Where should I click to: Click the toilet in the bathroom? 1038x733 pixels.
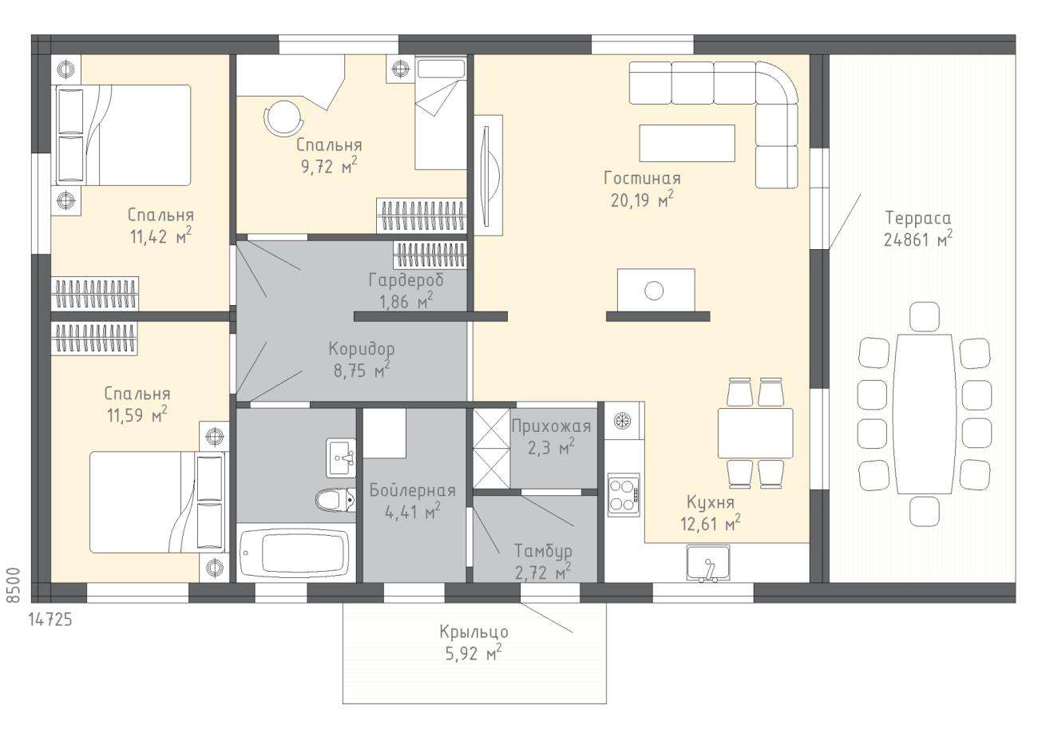point(335,500)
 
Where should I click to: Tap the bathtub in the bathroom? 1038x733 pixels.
point(295,553)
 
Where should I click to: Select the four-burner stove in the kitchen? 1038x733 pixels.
point(624,495)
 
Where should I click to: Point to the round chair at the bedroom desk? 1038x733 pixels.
point(283,118)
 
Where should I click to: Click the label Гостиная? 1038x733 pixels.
point(642,178)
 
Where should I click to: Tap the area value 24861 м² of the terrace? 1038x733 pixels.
point(918,239)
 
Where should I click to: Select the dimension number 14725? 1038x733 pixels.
point(50,620)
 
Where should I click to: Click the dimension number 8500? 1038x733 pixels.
point(14,585)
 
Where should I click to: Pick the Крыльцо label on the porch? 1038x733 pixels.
point(473,632)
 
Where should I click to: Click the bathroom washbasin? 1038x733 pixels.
point(341,458)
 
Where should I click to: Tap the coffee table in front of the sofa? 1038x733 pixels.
point(687,143)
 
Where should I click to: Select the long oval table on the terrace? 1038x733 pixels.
point(925,414)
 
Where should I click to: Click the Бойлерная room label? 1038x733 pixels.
point(413,490)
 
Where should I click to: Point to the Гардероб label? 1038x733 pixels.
point(406,280)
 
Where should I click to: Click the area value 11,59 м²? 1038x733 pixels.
point(137,414)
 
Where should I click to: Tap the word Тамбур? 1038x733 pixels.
point(543,552)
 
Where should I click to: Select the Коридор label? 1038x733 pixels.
point(362,349)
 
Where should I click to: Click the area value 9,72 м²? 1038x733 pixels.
point(329,166)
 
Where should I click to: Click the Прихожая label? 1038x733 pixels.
point(551,426)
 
